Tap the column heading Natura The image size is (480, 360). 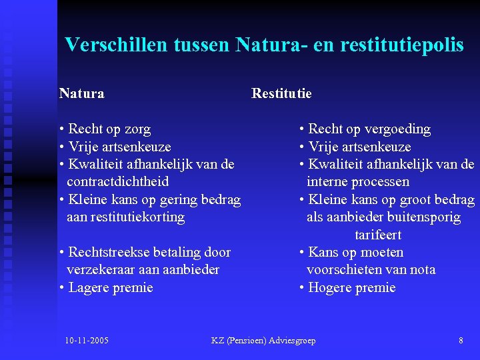(81, 93)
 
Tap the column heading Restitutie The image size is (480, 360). (281, 93)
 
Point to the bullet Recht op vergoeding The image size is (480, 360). (369, 129)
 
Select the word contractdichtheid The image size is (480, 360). (117, 182)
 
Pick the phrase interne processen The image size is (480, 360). (358, 182)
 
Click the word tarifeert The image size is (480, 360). (378, 235)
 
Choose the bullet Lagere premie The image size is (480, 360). (109, 288)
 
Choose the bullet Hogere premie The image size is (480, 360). (351, 288)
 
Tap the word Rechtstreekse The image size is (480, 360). (108, 253)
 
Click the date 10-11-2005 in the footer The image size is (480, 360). (87, 341)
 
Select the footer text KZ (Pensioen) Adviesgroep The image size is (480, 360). (263, 341)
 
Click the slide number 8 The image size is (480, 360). (461, 341)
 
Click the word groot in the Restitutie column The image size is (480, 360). (417, 200)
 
